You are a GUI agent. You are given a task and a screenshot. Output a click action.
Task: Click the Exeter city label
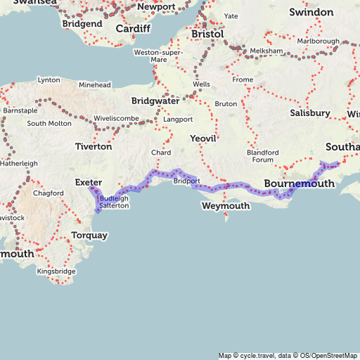[x=89, y=182]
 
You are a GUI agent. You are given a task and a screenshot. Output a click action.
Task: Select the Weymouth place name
[x=225, y=206]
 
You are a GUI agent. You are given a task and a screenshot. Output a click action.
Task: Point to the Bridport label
[x=186, y=181]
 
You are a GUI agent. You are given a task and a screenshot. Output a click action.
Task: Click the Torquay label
[x=90, y=235]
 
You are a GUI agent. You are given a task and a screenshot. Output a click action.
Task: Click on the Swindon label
[x=311, y=12]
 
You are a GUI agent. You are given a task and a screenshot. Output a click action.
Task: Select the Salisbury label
[x=309, y=112]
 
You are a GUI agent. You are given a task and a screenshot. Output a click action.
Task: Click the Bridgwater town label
[x=155, y=101]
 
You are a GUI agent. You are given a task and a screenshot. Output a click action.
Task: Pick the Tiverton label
[x=94, y=147]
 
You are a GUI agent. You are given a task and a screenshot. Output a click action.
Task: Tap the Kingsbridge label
[x=56, y=271]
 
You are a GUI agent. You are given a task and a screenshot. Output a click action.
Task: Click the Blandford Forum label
[x=262, y=155]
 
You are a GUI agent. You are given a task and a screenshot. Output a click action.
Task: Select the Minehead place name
[x=95, y=85]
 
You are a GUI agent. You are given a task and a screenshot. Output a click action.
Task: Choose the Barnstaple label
[x=20, y=110]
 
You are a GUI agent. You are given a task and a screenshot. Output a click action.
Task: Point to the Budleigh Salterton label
[x=114, y=202]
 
